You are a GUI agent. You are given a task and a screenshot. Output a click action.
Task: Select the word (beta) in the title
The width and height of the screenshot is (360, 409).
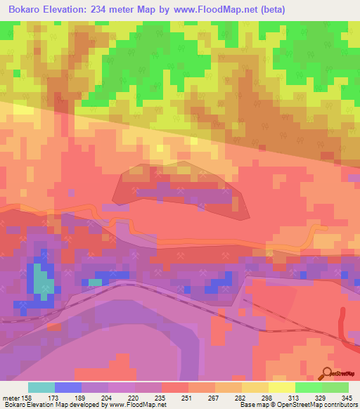pyautogui.click(x=279, y=10)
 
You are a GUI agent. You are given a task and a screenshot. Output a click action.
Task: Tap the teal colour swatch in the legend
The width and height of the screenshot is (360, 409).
pyautogui.click(x=41, y=387)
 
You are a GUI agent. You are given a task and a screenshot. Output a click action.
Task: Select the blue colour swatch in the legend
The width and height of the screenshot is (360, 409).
pyautogui.click(x=67, y=387)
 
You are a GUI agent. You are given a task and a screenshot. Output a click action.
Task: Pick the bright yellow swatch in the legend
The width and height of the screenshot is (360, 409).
pyautogui.click(x=281, y=387)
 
